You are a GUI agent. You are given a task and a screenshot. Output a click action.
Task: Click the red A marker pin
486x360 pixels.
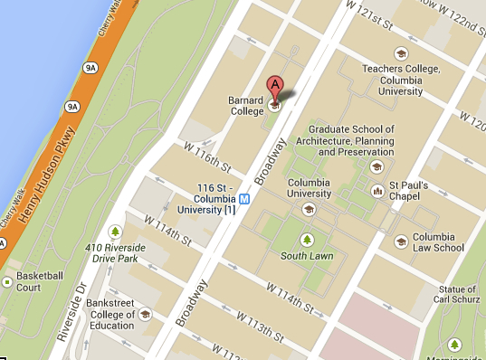[x=277, y=87]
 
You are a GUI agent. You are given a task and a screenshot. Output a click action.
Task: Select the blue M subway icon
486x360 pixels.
[x=243, y=198]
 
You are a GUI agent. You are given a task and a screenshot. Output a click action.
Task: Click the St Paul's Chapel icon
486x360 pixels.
[x=377, y=191]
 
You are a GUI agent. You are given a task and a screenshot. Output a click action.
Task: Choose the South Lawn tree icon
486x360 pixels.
[x=307, y=240]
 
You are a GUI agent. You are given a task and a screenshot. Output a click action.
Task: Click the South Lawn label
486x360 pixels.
[x=307, y=256]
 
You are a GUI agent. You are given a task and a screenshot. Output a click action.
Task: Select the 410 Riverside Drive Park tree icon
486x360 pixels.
[x=115, y=232]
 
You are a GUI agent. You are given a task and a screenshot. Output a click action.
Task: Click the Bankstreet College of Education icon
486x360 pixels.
[x=146, y=315]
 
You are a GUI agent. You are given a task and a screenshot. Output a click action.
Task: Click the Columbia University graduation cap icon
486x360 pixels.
[x=309, y=209]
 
